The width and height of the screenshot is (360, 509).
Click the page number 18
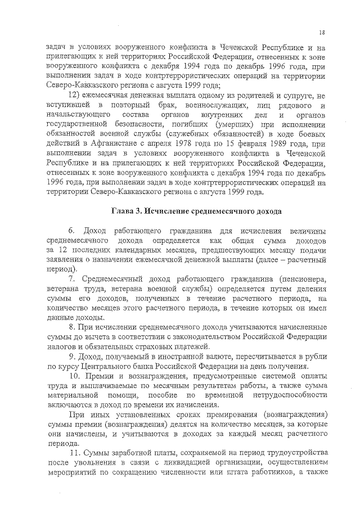[x=321, y=33]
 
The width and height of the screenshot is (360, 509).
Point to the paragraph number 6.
[x=71, y=231]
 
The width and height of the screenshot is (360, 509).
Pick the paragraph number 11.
[x=75, y=453]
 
